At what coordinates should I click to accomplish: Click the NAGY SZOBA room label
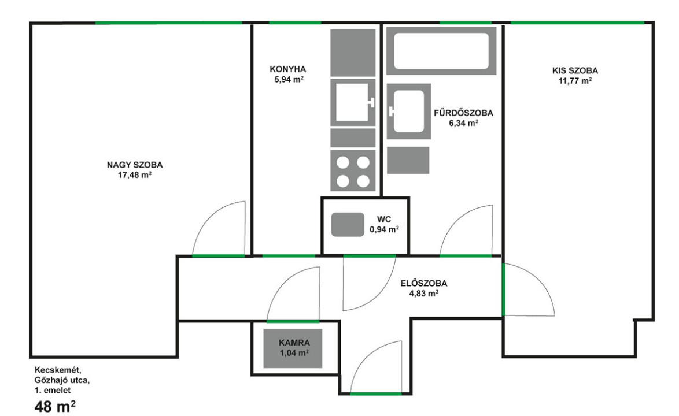(x=135, y=165)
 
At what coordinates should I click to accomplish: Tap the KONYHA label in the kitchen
(x=288, y=69)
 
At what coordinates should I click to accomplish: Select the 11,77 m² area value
(x=575, y=80)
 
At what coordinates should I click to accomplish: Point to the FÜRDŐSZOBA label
(x=463, y=113)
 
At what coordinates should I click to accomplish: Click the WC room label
(x=383, y=219)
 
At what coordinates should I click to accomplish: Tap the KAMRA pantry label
(x=294, y=343)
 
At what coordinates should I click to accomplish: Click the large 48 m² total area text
(x=55, y=406)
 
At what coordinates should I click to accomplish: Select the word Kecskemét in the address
(x=58, y=370)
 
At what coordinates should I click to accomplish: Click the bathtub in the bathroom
(x=441, y=51)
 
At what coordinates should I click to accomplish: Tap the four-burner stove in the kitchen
(x=353, y=170)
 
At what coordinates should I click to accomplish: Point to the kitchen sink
(x=353, y=102)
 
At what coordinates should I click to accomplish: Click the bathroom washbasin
(x=409, y=111)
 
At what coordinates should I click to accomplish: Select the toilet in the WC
(x=348, y=225)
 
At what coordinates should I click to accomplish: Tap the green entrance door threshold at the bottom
(x=376, y=393)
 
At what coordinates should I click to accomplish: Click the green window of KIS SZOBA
(x=578, y=23)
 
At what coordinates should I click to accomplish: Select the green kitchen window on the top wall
(x=296, y=23)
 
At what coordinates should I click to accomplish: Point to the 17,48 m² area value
(x=135, y=175)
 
